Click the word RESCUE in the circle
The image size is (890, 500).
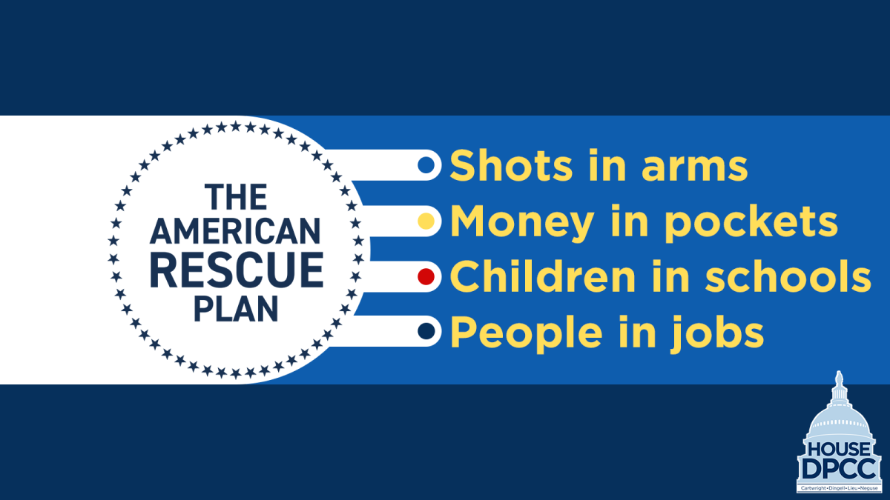coord(237,270)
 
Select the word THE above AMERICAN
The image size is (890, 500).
coord(236,198)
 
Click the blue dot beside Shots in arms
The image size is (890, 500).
coord(426,165)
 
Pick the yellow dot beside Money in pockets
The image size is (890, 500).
coord(426,221)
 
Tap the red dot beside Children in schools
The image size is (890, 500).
coord(426,277)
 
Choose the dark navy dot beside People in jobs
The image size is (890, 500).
coord(426,332)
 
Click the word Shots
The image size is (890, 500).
coord(504,166)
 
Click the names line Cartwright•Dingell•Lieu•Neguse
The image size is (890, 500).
coord(838,489)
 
